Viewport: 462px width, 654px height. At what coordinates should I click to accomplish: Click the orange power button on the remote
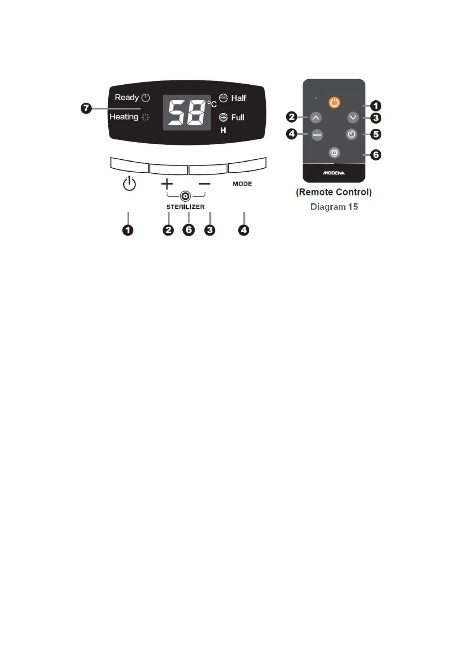pos(334,103)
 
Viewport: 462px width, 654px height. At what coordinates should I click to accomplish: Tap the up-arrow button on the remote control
pos(316,117)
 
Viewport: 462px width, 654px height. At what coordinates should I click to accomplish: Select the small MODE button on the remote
pos(317,135)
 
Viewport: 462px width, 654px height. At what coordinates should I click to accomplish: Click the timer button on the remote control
pos(351,134)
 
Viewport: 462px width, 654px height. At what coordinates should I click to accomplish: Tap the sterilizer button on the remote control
pos(334,153)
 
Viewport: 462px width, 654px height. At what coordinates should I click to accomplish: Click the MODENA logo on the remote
pos(334,173)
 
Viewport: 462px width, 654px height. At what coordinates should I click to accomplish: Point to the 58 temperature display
pos(187,113)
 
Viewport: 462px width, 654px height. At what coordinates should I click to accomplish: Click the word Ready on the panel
pos(126,97)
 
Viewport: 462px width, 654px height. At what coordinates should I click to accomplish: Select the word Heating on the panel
pos(124,117)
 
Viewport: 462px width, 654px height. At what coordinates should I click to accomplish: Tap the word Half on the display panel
pos(239,98)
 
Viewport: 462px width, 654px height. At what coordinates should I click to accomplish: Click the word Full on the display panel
pos(238,117)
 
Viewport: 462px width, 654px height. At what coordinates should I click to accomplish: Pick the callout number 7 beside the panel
pos(86,108)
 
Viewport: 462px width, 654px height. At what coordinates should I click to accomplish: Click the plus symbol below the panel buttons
pos(167,184)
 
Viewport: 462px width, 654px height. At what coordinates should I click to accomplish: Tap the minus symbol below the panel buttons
pos(204,184)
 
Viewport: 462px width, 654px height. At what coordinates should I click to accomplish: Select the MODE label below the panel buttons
pos(242,184)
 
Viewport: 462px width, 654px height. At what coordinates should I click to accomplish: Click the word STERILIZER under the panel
pos(185,207)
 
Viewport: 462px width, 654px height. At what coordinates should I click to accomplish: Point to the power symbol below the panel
pos(129,184)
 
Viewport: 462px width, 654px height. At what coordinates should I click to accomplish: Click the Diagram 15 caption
pos(334,207)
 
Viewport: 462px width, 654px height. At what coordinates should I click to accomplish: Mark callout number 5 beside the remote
pos(375,134)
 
